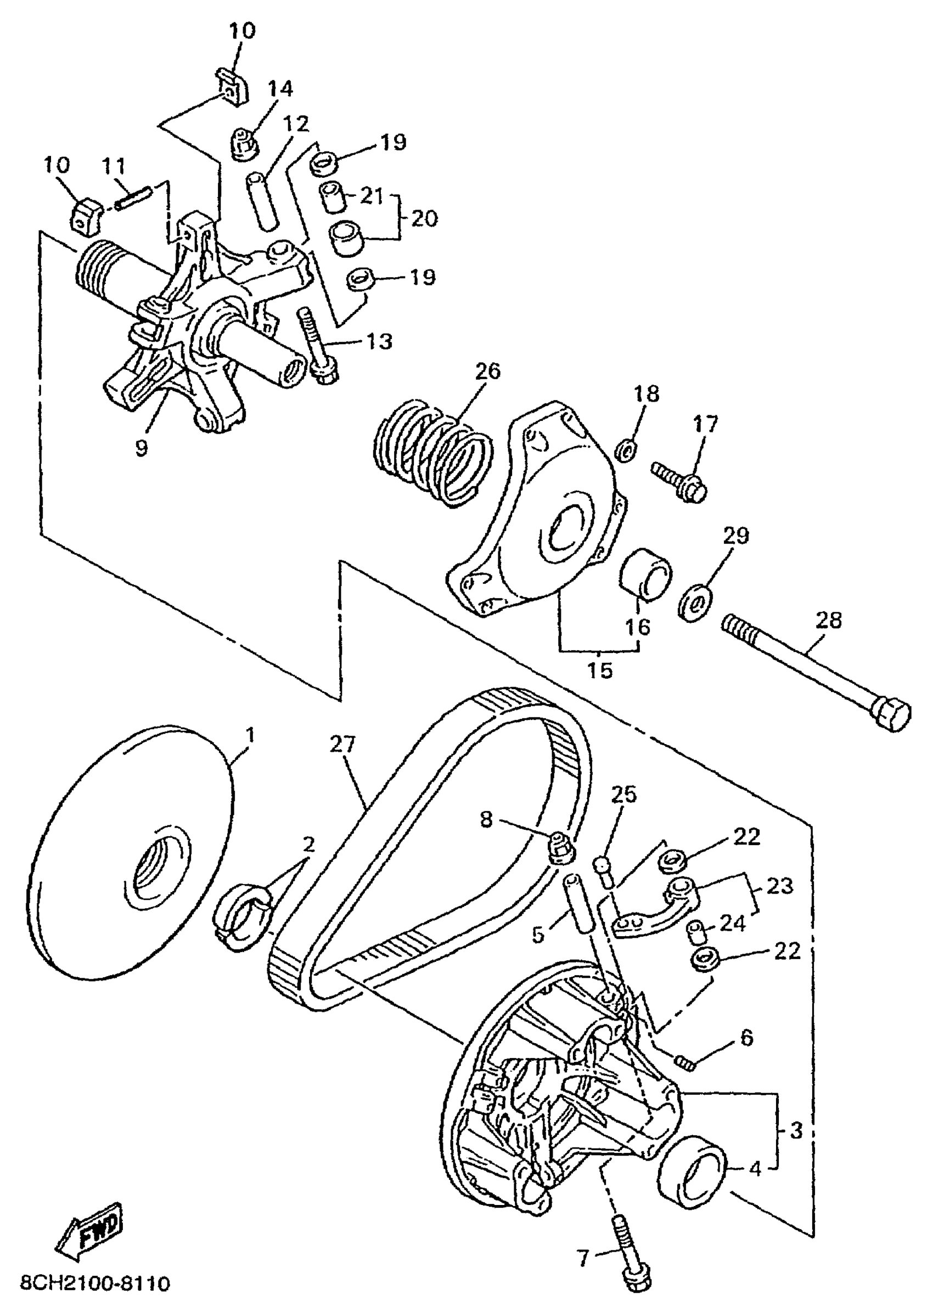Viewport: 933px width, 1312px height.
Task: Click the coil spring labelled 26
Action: click(434, 453)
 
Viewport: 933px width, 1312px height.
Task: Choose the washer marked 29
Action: click(696, 601)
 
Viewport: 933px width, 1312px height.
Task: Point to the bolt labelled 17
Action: click(679, 482)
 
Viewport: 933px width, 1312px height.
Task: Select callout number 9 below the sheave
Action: click(142, 447)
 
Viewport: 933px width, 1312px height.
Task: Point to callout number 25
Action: click(624, 795)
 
